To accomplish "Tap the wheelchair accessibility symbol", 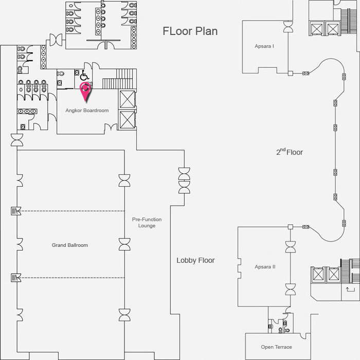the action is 84,75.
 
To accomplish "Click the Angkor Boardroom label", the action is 87,111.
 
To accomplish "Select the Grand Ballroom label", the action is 70,245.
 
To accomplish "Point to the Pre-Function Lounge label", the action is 147,223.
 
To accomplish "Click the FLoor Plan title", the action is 190,31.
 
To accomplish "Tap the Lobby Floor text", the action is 195,260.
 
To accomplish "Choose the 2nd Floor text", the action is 290,152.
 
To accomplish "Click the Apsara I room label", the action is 264,46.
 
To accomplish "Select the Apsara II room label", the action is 265,267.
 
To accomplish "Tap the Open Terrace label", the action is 277,347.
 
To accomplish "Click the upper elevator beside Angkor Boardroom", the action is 127,99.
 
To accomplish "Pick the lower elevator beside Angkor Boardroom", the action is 127,119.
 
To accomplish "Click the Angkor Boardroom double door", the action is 111,127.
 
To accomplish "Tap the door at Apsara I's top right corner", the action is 288,27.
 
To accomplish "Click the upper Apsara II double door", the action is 291,247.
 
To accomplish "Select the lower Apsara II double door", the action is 291,289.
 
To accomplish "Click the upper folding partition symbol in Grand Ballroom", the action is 16,211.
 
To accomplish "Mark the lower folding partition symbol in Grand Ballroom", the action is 16,278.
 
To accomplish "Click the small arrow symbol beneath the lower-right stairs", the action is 350,289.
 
